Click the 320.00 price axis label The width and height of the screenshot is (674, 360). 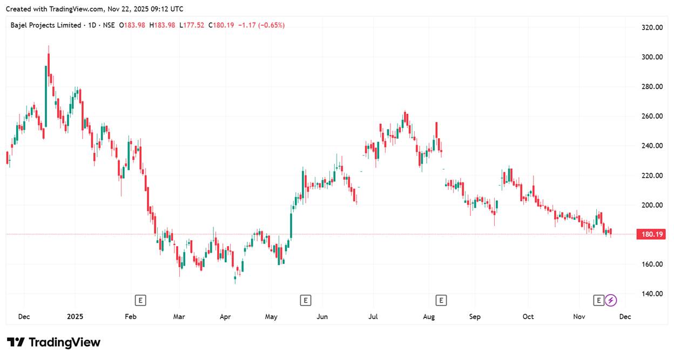[x=651, y=28]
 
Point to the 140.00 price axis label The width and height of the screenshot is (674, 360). [x=651, y=294]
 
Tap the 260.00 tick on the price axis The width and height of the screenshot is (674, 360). [x=651, y=116]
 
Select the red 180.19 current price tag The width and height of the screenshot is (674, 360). [x=652, y=234]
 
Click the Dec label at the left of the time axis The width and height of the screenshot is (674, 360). [x=24, y=317]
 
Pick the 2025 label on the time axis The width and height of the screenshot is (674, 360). [x=75, y=317]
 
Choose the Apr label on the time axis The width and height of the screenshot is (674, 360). [x=225, y=317]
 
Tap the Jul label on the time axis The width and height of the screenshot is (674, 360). [x=373, y=317]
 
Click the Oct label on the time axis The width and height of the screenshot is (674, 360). [x=528, y=317]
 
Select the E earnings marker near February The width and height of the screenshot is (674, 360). [x=140, y=300]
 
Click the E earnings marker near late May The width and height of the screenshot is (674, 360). [x=306, y=300]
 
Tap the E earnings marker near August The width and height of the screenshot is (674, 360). [x=441, y=300]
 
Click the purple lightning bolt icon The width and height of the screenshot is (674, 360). [x=611, y=300]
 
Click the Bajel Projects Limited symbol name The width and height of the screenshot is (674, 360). [x=46, y=25]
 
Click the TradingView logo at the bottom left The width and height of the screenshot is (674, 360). [x=53, y=342]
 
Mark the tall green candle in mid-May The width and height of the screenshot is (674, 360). [x=291, y=225]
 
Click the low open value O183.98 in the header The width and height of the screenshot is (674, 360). [x=132, y=25]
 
